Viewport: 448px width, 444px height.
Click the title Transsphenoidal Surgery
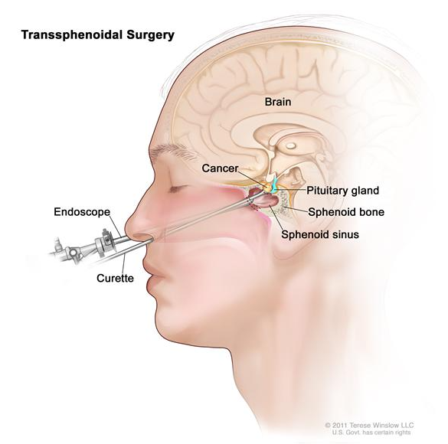tap(98, 35)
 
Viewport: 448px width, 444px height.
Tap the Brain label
tap(278, 102)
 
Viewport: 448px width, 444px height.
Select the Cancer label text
tap(220, 168)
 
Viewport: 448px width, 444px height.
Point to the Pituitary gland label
tap(342, 191)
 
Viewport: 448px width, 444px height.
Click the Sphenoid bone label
tap(346, 212)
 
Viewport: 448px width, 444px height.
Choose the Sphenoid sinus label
tap(320, 234)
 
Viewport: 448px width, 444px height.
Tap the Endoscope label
tap(82, 212)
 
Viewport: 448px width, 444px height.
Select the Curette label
tap(115, 278)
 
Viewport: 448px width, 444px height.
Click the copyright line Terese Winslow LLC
tap(369, 425)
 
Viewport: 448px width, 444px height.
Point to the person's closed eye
tap(178, 188)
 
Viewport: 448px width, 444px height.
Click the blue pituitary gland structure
tap(275, 184)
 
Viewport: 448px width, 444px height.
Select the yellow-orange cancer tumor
tap(268, 188)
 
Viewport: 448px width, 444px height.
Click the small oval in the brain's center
tap(291, 145)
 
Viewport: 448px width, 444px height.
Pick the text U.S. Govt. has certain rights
tap(371, 433)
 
